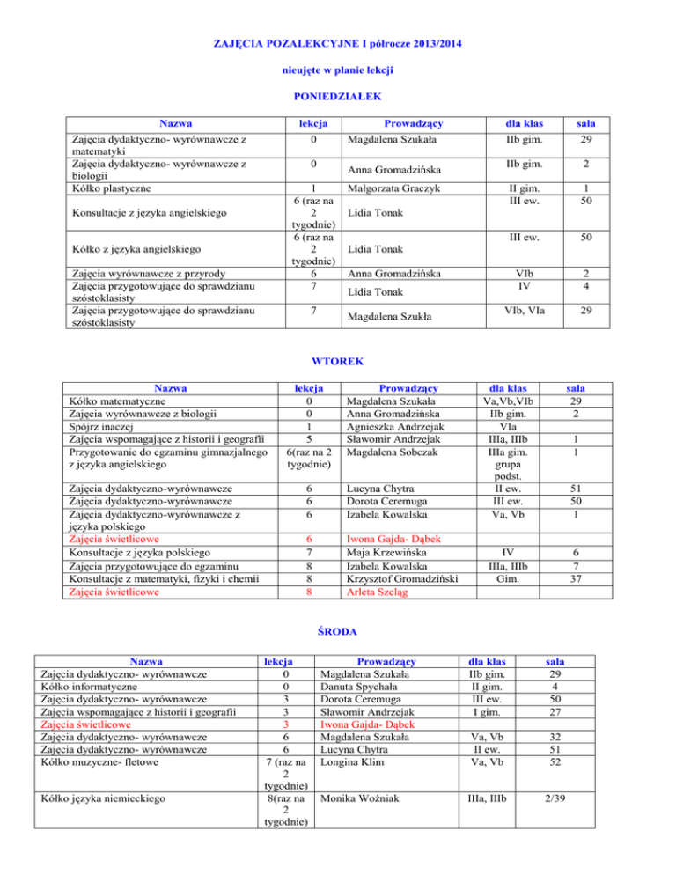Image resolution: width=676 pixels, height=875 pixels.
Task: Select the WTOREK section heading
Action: (338, 361)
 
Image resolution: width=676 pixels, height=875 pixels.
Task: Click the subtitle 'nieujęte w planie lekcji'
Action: (337, 68)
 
